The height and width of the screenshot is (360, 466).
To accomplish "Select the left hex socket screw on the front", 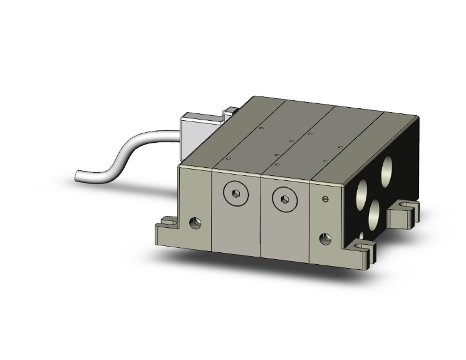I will (232, 195).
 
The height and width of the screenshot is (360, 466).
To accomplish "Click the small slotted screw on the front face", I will (324, 200).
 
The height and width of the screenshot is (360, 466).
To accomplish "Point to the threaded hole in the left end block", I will (195, 222).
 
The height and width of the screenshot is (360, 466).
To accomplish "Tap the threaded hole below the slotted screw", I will (324, 238).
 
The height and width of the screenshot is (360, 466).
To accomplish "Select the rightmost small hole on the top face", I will (340, 148).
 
